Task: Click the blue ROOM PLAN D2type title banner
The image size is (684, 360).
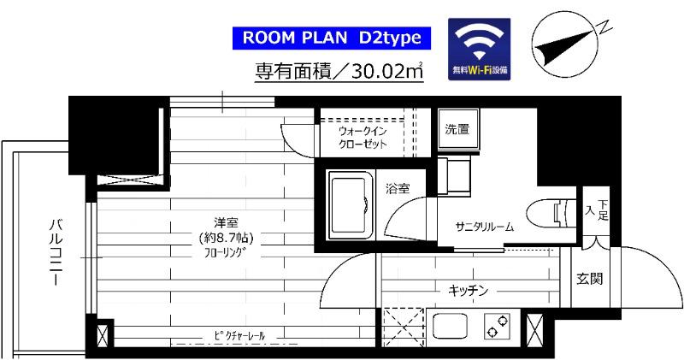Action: [x=327, y=38]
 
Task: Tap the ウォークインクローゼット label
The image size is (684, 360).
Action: [x=363, y=138]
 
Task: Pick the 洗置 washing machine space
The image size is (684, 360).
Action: [x=456, y=131]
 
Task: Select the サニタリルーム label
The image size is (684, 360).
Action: [x=484, y=227]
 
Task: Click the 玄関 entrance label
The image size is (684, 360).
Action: [x=586, y=278]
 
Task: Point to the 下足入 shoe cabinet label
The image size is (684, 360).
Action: [x=596, y=210]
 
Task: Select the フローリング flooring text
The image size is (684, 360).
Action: [x=226, y=253]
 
